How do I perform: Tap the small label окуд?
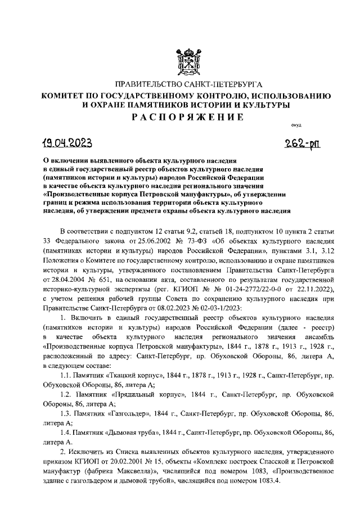coord(296,127)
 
